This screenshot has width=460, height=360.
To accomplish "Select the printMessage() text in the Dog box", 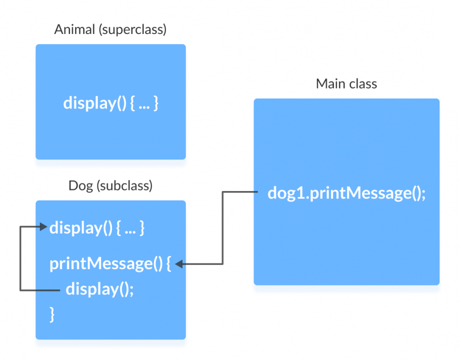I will coord(105,263).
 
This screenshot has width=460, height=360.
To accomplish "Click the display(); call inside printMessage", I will coord(99,288).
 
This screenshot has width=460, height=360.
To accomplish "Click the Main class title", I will coord(346,83).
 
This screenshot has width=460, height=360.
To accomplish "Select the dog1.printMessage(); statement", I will coord(346,193).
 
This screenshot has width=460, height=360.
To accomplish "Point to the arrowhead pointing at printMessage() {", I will coord(179,264).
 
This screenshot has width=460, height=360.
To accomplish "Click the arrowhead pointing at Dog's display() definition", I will coord(44,227).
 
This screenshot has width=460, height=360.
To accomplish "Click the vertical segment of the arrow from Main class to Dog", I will coord(222,228).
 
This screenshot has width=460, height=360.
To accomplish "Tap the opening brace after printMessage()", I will coord(168,263).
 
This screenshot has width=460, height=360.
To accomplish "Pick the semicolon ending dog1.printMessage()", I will coord(423,194).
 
